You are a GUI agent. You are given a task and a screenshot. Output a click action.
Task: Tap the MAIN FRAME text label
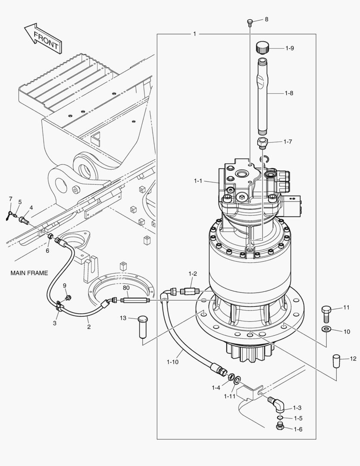(x=29, y=273)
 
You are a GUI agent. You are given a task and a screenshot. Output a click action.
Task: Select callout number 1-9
(x=290, y=48)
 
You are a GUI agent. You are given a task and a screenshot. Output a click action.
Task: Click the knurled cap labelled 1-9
(x=263, y=47)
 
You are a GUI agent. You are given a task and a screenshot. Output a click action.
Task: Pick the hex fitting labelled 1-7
(x=263, y=143)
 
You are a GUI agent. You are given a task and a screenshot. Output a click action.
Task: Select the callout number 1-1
(x=198, y=181)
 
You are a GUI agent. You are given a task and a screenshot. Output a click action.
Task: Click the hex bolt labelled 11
(x=326, y=313)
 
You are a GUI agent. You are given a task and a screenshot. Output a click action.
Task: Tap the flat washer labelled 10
(x=326, y=330)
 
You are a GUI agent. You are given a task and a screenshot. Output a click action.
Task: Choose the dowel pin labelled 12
(x=336, y=360)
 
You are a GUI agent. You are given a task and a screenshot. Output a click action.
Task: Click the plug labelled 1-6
(x=279, y=427)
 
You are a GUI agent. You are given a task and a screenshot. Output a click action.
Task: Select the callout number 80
(x=126, y=288)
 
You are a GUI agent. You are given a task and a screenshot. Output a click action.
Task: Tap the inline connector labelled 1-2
(x=189, y=291)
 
